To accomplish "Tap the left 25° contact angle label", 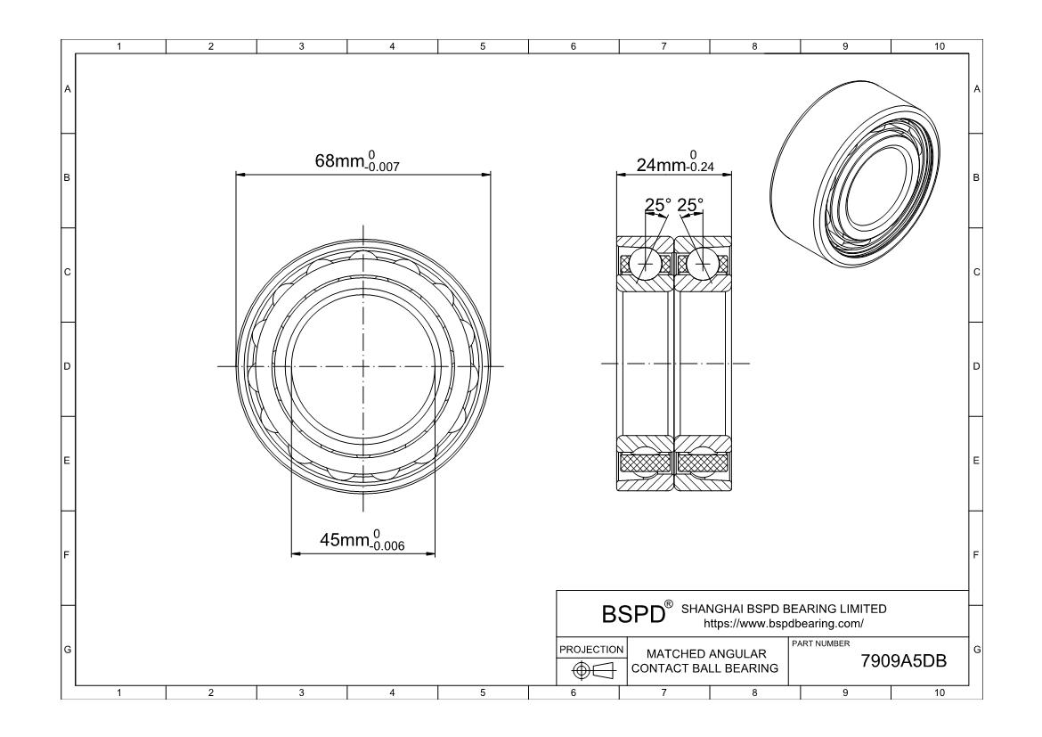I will [x=658, y=206].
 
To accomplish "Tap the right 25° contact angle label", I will [x=690, y=206].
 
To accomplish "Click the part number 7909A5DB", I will [x=903, y=662].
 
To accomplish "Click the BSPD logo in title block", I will [x=634, y=614].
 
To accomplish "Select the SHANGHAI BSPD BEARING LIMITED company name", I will [x=784, y=609].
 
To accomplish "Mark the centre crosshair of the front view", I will [x=363, y=366].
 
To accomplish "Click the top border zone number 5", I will [x=482, y=46].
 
